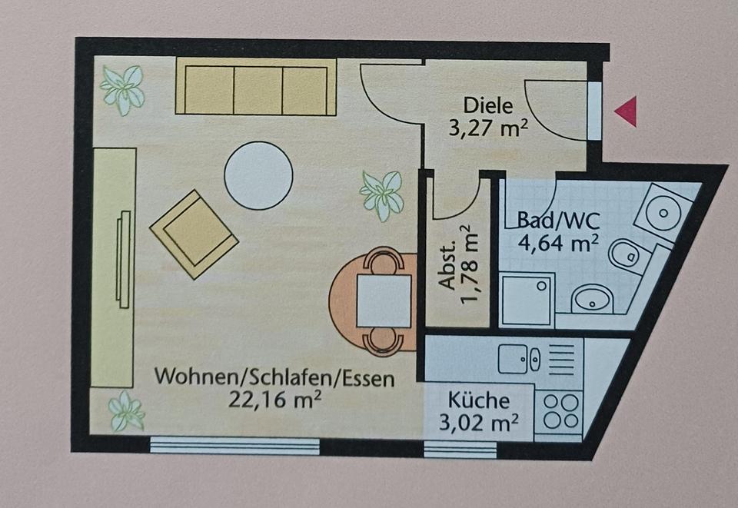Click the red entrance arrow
[x=627, y=112]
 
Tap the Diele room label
[x=487, y=105]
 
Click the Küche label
[x=479, y=400]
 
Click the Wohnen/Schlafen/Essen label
[x=274, y=377]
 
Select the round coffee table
[x=258, y=175]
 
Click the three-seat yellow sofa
[x=256, y=90]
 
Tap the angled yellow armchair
[x=194, y=234]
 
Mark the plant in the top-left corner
[x=122, y=88]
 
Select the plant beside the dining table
[x=382, y=194]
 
